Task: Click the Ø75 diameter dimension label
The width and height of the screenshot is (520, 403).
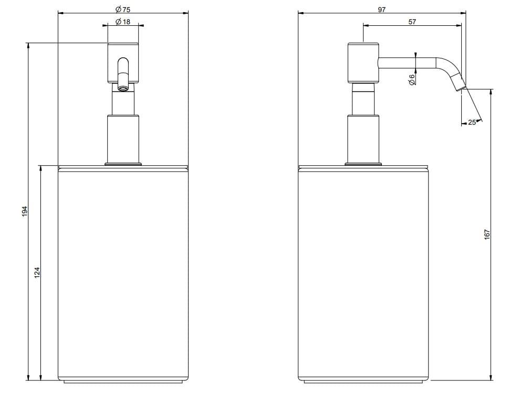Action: tap(122, 9)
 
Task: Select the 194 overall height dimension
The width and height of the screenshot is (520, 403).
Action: tap(24, 211)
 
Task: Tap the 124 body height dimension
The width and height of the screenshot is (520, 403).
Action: tap(37, 273)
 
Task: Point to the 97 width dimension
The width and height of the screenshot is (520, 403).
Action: tap(381, 9)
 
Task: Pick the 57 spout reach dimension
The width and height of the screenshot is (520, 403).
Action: tap(412, 22)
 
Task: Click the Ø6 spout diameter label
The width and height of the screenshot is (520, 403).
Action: tap(412, 79)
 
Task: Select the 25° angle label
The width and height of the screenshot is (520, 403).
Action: tap(472, 122)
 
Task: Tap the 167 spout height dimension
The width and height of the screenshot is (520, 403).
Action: tap(486, 234)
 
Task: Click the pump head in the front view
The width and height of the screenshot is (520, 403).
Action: tap(123, 62)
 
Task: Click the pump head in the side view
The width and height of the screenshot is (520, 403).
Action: tap(362, 62)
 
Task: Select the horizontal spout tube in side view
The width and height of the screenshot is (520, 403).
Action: tap(407, 62)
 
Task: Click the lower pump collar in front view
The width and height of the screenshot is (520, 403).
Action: tap(123, 139)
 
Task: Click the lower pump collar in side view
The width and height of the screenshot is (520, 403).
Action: tap(362, 139)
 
